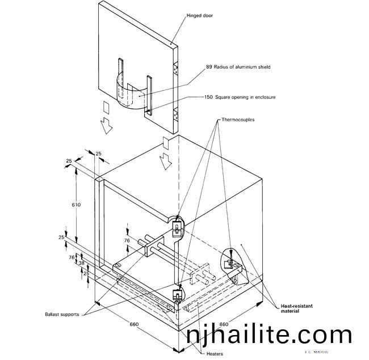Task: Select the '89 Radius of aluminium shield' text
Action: [238, 67]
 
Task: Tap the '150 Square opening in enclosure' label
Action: [240, 97]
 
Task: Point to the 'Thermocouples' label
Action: [238, 120]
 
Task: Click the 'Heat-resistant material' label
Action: [297, 308]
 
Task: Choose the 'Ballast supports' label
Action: [64, 314]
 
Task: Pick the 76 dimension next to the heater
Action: [127, 240]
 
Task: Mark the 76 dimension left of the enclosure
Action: [72, 257]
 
